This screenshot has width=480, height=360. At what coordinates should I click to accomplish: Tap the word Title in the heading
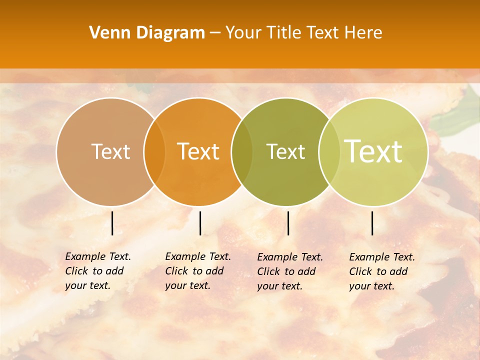[284, 33]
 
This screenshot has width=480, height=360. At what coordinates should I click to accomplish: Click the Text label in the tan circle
[110, 151]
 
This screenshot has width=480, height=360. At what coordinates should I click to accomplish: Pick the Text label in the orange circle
[198, 151]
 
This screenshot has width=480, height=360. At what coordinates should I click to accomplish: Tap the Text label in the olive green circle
[285, 151]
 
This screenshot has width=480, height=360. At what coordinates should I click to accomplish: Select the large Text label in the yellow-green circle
[373, 151]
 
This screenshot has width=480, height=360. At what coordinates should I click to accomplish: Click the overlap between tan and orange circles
[154, 152]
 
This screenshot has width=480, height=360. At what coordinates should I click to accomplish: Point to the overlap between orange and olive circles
[242, 152]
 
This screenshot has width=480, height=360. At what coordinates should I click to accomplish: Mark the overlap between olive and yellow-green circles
[328, 152]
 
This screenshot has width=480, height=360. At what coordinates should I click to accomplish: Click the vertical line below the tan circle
[112, 223]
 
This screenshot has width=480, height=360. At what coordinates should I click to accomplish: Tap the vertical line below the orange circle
[200, 223]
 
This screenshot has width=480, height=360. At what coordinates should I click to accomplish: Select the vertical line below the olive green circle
[288, 223]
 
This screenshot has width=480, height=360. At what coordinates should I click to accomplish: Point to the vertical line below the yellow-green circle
[372, 223]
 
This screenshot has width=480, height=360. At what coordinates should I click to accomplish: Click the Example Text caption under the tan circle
[98, 271]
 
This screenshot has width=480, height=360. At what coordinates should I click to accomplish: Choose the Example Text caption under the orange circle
[198, 271]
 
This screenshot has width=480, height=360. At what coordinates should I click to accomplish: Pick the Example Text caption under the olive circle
[290, 271]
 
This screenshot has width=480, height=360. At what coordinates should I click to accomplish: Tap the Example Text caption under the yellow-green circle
[382, 271]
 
